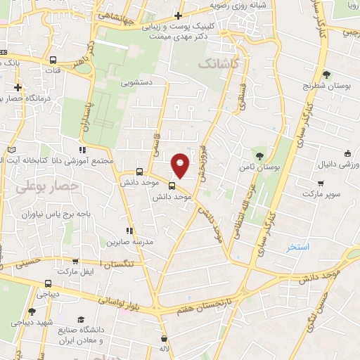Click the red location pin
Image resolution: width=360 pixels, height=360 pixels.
pos(181,165)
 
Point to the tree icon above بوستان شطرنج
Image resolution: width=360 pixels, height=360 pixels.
pos(326,75)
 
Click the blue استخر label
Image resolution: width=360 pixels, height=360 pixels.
pos(298,247)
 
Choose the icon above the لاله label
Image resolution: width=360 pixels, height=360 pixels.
pos(164,338)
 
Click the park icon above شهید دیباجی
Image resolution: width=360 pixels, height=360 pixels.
pos(30,311)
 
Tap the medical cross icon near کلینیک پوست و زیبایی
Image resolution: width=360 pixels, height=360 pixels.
pos(179,15)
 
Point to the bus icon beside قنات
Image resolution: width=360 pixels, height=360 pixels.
pos(53,60)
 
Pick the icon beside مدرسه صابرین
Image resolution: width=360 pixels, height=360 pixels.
pos(128,230)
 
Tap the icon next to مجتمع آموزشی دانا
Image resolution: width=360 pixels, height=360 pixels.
pos(83,150)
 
